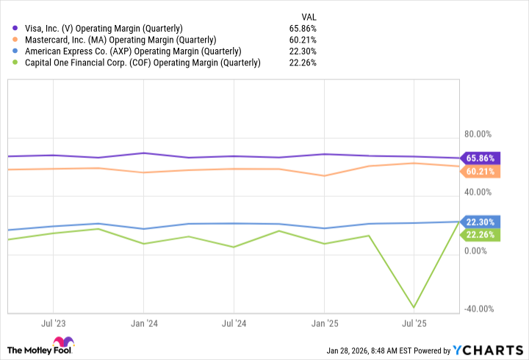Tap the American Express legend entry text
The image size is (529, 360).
coord(132,51)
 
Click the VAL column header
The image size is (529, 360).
coord(309,16)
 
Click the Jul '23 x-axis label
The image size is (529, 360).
coord(52,323)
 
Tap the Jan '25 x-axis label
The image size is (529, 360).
coord(324,323)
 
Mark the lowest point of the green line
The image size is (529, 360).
coord(414,307)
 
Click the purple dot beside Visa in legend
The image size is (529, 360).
coord(15,28)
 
